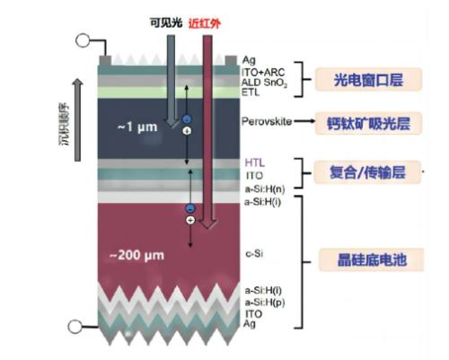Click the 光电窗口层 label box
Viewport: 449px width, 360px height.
(368, 79)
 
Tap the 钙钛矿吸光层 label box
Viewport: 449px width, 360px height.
(368, 123)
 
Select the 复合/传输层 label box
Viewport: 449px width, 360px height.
(367, 172)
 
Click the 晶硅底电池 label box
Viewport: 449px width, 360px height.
(372, 259)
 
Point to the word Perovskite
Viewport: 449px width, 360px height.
(267, 121)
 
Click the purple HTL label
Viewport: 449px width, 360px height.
(255, 162)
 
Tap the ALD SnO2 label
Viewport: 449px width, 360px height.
(264, 83)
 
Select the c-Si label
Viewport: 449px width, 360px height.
(254, 254)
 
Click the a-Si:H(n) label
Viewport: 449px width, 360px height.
(265, 189)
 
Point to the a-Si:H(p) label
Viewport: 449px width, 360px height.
(265, 303)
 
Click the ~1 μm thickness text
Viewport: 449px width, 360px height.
(137, 127)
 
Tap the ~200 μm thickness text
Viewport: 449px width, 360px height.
(136, 256)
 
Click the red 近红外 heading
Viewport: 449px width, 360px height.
(205, 23)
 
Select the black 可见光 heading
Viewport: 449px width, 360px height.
(166, 22)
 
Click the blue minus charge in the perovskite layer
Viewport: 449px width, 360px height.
(187, 119)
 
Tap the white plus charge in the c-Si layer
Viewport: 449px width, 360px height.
(190, 220)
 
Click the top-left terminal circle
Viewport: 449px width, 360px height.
(83, 40)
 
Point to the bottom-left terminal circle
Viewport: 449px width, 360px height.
(75, 327)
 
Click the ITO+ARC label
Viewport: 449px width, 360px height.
(263, 72)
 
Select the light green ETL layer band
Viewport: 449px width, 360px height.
(169, 92)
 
